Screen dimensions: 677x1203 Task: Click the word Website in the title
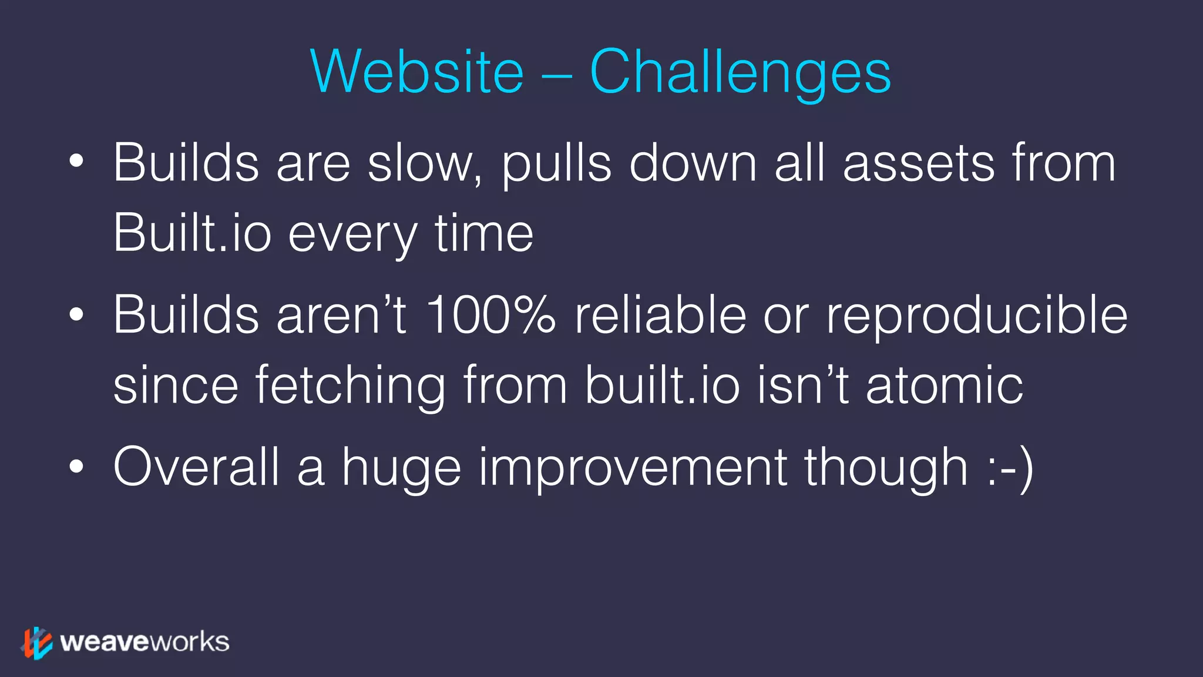pos(416,72)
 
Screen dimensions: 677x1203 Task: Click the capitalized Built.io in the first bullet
pos(192,233)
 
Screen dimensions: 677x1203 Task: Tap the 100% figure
pos(490,315)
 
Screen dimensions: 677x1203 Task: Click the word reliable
pos(660,315)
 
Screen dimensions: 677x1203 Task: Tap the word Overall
pos(196,467)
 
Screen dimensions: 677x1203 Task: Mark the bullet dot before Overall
pos(76,467)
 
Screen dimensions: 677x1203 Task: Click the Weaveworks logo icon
pos(37,642)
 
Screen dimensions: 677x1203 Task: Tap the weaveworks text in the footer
pos(145,642)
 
